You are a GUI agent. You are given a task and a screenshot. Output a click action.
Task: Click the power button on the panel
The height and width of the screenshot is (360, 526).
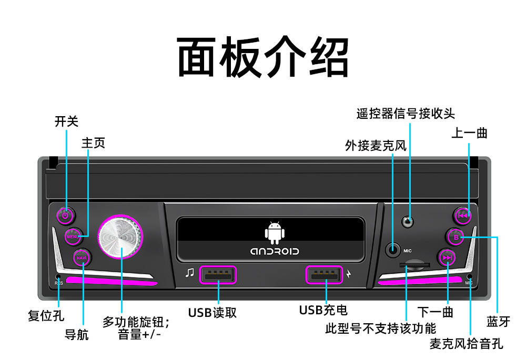66,215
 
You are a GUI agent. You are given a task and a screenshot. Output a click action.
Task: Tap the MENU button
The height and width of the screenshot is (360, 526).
74,236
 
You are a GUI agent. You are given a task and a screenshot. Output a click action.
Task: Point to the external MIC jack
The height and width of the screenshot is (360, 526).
393,250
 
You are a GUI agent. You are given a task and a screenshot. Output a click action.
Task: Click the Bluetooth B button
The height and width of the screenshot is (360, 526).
456,237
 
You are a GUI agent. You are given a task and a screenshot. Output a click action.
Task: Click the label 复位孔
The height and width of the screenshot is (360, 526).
46,316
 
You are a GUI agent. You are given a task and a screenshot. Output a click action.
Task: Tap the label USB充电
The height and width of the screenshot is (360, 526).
323,310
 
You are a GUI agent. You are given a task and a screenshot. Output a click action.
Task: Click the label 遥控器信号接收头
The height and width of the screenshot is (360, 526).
406,114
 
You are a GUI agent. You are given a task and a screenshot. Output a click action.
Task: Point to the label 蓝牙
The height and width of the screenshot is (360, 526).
498,321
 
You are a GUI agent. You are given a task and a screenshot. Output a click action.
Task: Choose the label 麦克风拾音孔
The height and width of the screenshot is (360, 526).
467,344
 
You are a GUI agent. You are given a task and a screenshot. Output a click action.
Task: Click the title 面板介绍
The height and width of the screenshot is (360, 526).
263,57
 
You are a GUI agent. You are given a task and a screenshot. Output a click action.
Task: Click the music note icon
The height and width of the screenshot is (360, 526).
190,273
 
